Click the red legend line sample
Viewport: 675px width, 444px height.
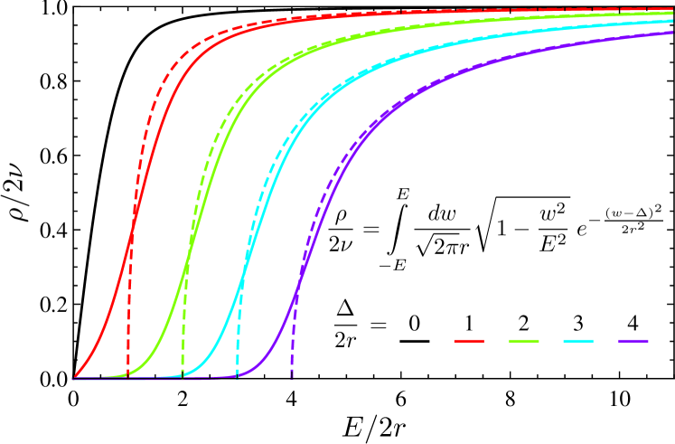pyautogui.click(x=469, y=341)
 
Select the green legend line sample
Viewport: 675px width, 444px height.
pyautogui.click(x=524, y=341)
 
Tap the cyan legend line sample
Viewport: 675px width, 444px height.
pyautogui.click(x=578, y=341)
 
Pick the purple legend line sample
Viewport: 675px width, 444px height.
pyautogui.click(x=633, y=341)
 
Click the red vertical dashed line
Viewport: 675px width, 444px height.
pyautogui.click(x=129, y=307)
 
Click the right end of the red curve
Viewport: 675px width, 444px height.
pyautogui.click(x=673, y=9)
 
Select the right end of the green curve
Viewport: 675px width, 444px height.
pyautogui.click(x=673, y=14)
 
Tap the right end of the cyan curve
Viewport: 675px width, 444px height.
pyautogui.click(x=673, y=21)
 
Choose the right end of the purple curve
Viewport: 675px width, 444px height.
pyautogui.click(x=673, y=33)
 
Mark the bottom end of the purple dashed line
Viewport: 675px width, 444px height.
pyautogui.click(x=292, y=376)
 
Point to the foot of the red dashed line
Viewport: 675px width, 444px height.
pyautogui.click(x=128, y=374)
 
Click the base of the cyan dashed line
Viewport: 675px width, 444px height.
pyautogui.click(x=238, y=375)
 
